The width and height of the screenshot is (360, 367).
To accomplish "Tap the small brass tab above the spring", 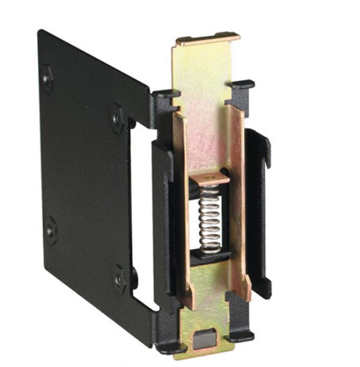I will (208, 179).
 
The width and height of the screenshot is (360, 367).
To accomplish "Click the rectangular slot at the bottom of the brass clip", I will (205, 336).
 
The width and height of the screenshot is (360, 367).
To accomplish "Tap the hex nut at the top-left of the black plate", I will (47, 78).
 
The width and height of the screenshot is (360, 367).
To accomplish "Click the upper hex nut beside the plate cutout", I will (117, 116).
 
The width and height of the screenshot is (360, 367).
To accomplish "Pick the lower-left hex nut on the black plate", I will (51, 231).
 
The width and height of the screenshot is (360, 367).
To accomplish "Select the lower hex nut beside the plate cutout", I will (120, 278).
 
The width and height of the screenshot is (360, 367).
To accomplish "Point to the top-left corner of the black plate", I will (40, 32).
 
